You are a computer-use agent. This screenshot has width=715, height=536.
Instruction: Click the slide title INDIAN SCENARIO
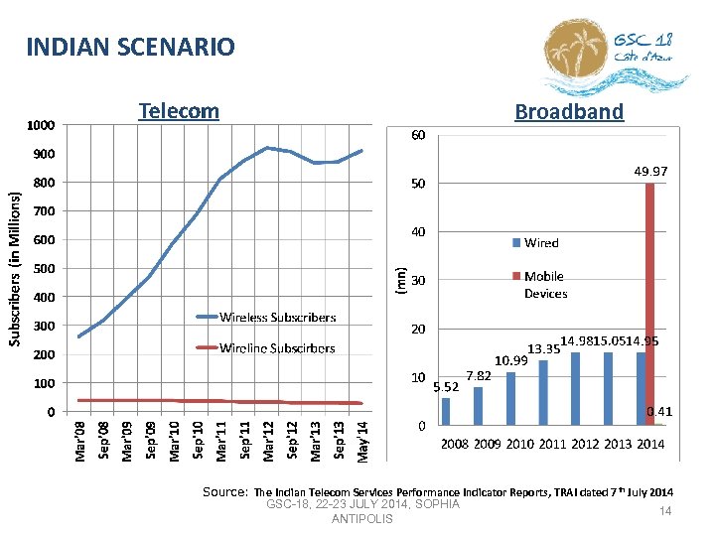(x=130, y=47)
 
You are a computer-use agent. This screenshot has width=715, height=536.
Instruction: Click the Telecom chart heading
(x=179, y=110)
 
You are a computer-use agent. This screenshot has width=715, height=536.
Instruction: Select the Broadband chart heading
(x=569, y=112)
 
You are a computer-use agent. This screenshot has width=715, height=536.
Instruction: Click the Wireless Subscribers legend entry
(x=277, y=318)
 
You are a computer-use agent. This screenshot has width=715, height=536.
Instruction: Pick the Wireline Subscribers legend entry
(x=277, y=347)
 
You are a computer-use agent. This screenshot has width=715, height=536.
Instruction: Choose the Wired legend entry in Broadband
(x=541, y=243)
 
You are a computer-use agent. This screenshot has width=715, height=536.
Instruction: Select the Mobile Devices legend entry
(x=545, y=285)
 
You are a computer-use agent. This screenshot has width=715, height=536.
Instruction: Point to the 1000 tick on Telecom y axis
(x=42, y=125)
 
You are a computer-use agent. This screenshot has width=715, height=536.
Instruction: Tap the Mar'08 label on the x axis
(x=81, y=440)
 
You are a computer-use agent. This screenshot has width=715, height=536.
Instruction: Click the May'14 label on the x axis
(x=362, y=440)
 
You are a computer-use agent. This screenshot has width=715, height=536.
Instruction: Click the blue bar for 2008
(x=446, y=411)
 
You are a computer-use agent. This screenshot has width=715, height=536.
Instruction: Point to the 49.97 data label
(x=650, y=172)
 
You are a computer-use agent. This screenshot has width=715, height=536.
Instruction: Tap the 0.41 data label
(x=658, y=411)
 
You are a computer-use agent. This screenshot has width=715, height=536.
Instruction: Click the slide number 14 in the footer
(x=666, y=511)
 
